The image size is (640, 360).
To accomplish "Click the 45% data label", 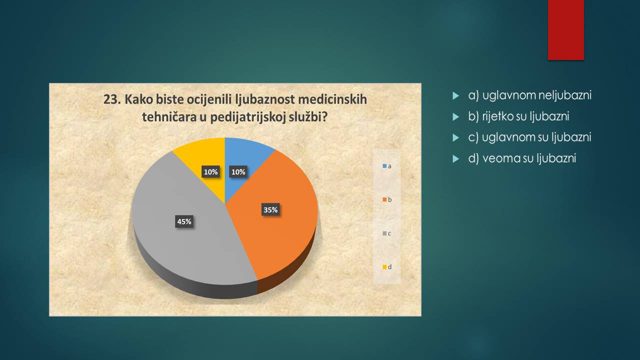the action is click(184, 221).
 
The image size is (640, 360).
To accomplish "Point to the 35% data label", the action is click(270, 209).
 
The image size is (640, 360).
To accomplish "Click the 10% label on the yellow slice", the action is click(210, 171).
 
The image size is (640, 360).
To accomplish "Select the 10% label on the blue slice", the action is click(238, 171).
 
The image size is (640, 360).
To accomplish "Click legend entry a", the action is click(387, 166).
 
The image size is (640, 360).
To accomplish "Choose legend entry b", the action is click(387, 199).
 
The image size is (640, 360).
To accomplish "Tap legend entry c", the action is click(387, 233).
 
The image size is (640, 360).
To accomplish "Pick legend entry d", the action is click(387, 267).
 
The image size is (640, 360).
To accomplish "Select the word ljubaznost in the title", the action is click(265, 100).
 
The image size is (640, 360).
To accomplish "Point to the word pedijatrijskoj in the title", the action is click(247, 117).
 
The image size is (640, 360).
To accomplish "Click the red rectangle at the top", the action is click(565, 30).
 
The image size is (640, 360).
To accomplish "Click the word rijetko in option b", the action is click(497, 116).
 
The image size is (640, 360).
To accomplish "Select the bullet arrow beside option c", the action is click(455, 138).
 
